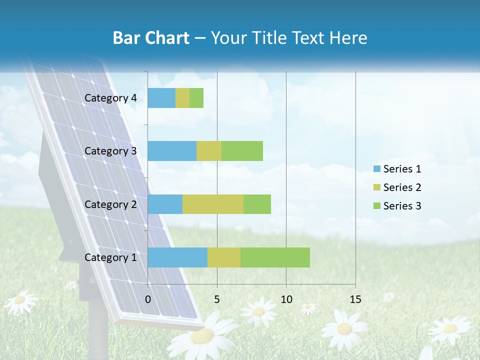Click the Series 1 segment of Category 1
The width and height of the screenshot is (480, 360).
177,257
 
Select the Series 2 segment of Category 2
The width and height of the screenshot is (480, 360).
213,204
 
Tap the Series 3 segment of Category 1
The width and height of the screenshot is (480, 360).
275,257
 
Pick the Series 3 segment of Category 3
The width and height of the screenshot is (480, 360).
242,151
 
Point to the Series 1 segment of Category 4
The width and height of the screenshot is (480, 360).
161,98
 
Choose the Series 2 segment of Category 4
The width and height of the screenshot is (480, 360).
182,98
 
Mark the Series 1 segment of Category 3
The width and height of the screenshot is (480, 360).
172,151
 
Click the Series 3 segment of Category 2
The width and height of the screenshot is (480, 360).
257,204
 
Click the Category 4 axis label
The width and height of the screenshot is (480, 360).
110,98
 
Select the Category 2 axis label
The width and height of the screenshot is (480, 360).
110,204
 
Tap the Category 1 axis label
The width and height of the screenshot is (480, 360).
110,257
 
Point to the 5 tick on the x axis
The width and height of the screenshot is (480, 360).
217,299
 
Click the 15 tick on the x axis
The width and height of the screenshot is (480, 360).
355,299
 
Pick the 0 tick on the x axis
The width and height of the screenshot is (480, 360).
148,299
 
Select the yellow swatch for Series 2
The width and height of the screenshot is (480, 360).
377,187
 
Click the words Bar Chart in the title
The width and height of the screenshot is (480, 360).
151,38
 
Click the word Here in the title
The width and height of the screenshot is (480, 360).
348,38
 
